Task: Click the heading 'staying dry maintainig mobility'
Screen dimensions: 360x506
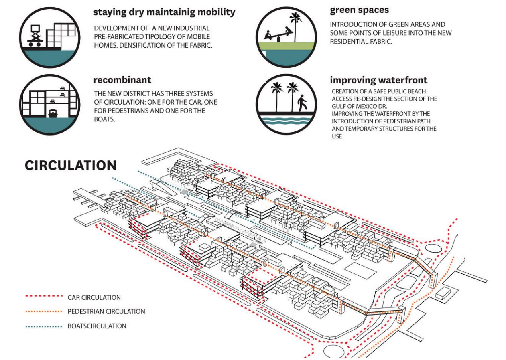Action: tap(164, 12)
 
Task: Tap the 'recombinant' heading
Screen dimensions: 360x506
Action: tap(122, 80)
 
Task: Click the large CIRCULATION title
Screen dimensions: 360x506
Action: tap(71, 166)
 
